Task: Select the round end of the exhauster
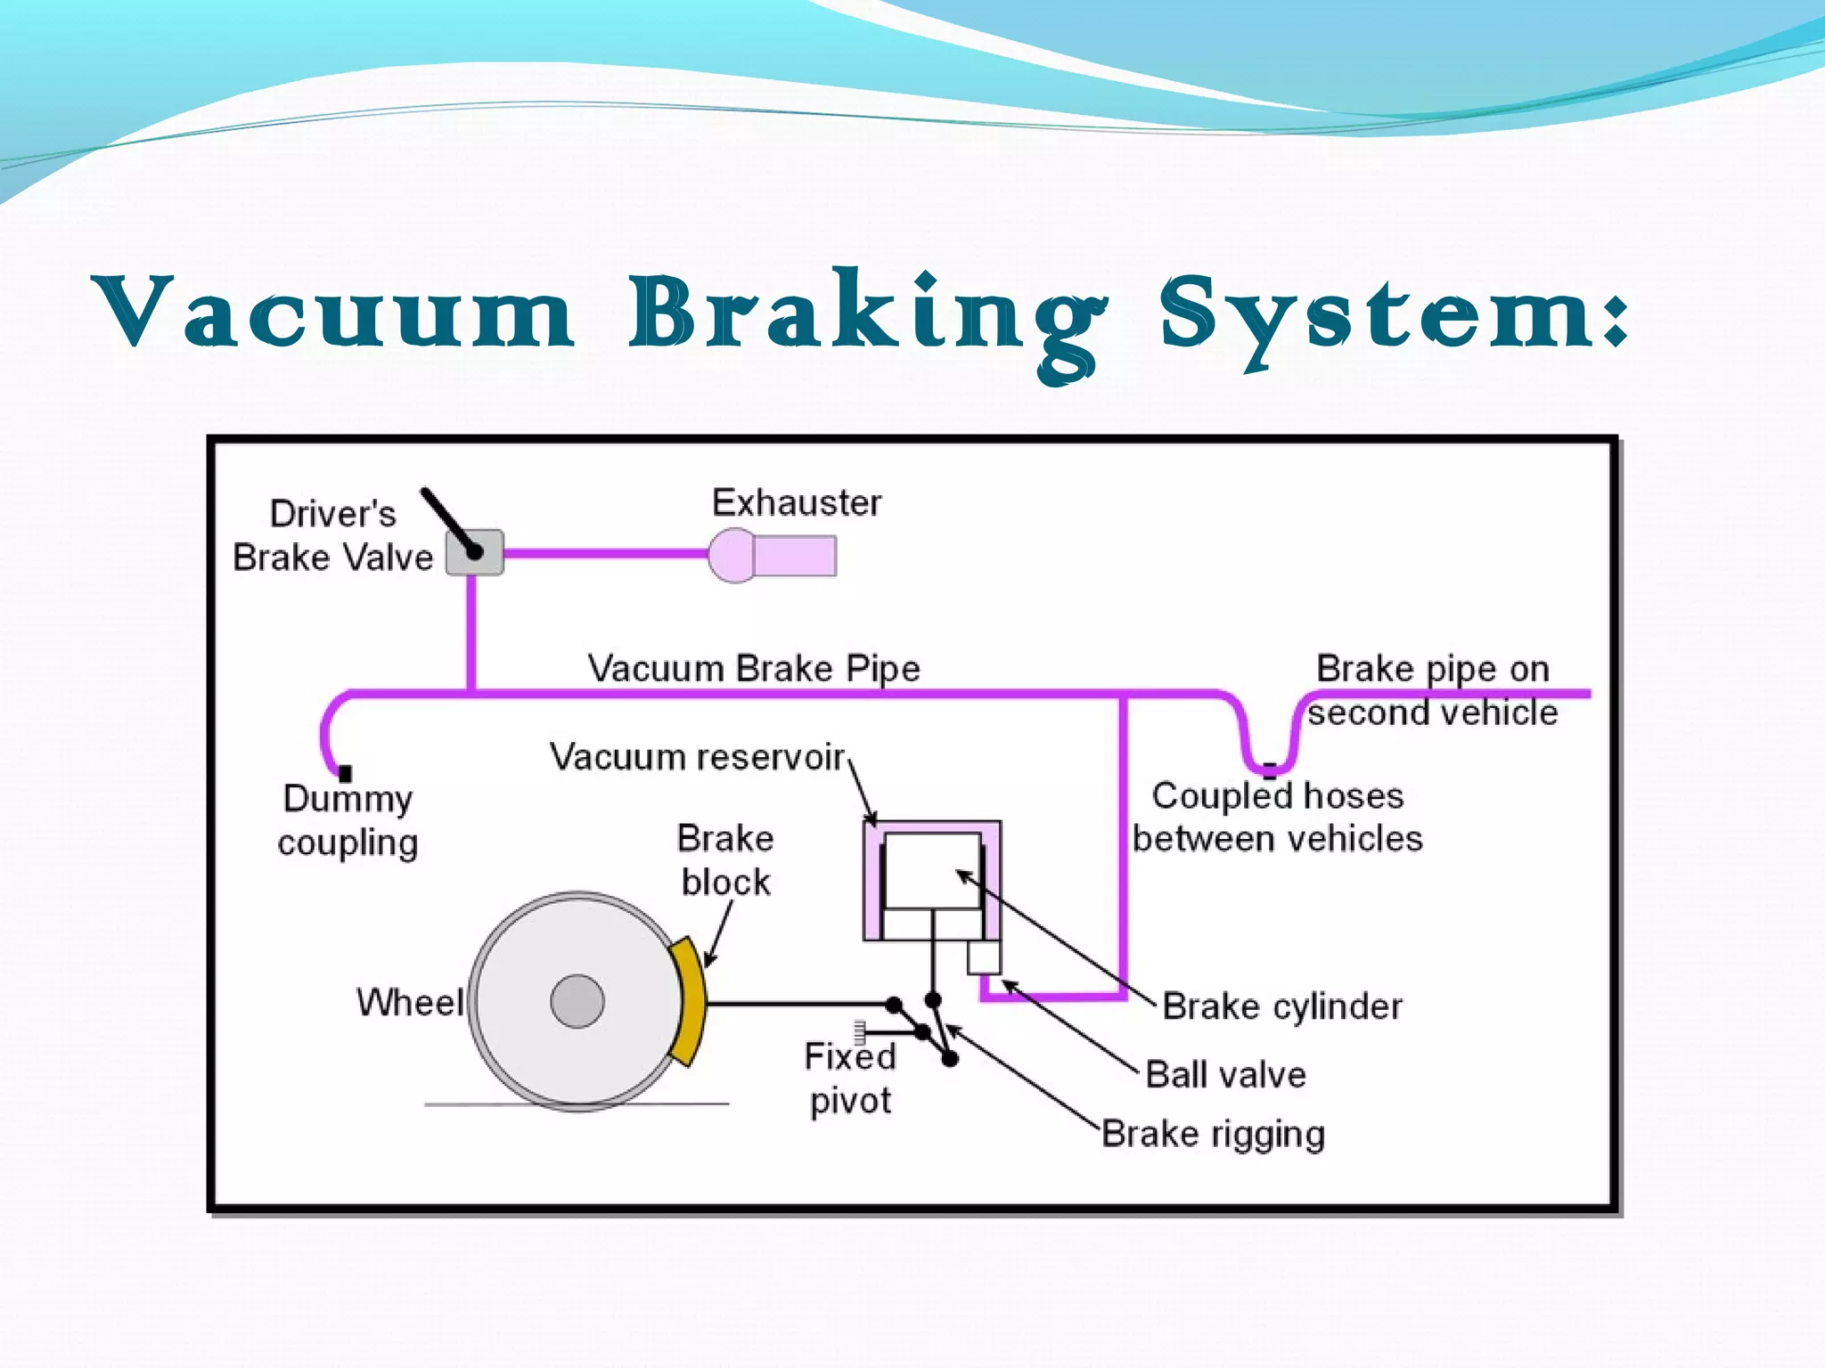(x=731, y=556)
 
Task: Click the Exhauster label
(x=796, y=503)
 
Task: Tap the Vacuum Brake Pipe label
(x=753, y=668)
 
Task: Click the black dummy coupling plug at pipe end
(x=345, y=773)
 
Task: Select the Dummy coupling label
(x=348, y=819)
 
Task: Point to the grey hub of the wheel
(x=577, y=1001)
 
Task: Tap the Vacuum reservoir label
(x=697, y=757)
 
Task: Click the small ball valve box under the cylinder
(x=984, y=958)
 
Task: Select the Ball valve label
(x=1225, y=1075)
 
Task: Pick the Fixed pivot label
(x=849, y=1078)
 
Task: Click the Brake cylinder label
(x=1281, y=1006)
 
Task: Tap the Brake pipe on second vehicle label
(x=1432, y=690)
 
